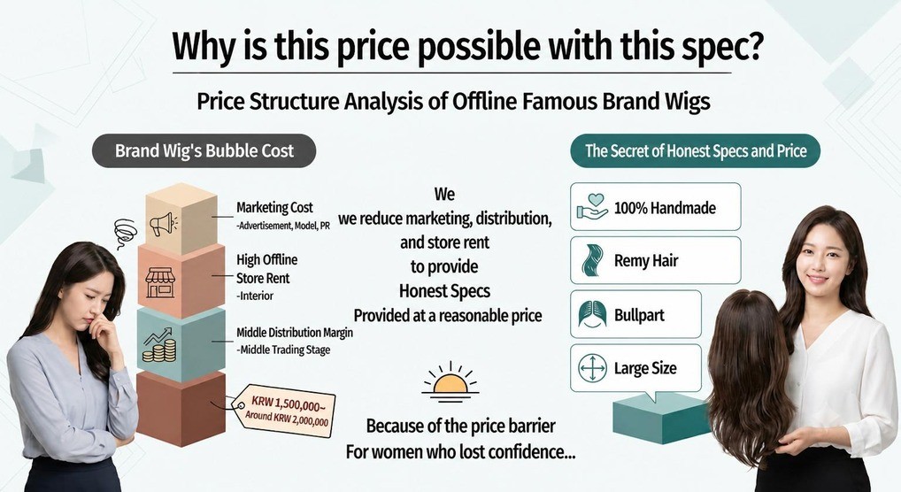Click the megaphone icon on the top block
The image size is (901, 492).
pyautogui.click(x=163, y=223)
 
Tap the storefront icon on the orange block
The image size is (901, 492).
pyautogui.click(x=160, y=283)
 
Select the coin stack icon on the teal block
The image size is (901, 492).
pyautogui.click(x=159, y=345)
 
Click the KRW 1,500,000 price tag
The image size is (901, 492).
pyautogui.click(x=284, y=411)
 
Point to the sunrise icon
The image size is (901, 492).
pyautogui.click(x=450, y=381)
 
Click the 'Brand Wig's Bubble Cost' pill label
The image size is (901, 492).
pyautogui.click(x=204, y=150)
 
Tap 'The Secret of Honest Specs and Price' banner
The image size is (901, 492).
pyautogui.click(x=696, y=150)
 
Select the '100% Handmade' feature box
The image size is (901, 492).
pyautogui.click(x=656, y=207)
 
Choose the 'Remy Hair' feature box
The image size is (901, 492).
pyautogui.click(x=656, y=260)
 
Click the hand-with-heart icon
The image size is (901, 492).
pyautogui.click(x=592, y=207)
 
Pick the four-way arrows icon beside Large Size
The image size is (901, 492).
pyautogui.click(x=592, y=368)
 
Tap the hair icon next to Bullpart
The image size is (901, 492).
pyautogui.click(x=592, y=314)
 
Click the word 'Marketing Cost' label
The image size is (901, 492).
pyautogui.click(x=274, y=207)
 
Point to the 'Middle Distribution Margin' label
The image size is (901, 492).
pyautogui.click(x=295, y=332)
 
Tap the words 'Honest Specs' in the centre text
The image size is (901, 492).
pyautogui.click(x=445, y=291)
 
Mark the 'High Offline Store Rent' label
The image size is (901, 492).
pyautogui.click(x=266, y=269)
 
